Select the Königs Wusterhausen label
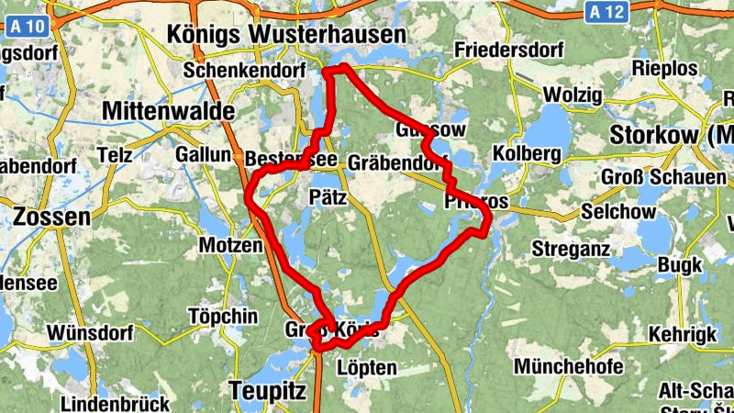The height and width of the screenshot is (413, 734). tap(286, 35)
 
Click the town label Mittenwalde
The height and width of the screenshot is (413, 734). tap(169, 111)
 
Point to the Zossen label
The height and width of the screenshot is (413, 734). tap(52, 218)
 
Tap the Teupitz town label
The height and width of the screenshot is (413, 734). tap(266, 390)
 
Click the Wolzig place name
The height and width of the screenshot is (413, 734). tap(573, 95)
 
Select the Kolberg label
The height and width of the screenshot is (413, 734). tap(527, 152)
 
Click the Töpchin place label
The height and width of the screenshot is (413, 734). tap(222, 316)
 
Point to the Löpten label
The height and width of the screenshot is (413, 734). tap(367, 368)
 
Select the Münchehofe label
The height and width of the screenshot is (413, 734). tap(569, 367)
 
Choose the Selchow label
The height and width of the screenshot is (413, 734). tap(619, 212)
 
